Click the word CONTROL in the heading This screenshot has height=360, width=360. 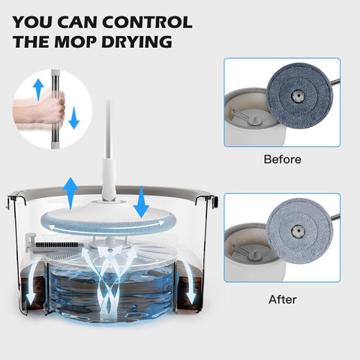pyautogui.click(x=147, y=22)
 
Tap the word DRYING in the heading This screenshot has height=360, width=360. pyautogui.click(x=137, y=41)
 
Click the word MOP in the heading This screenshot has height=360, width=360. pyautogui.click(x=76, y=41)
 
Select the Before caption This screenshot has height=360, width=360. pyautogui.click(x=283, y=159)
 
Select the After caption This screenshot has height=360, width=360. pyautogui.click(x=283, y=299)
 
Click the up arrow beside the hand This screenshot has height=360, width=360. pyautogui.click(x=38, y=89)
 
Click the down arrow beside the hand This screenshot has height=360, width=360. pyautogui.click(x=73, y=118)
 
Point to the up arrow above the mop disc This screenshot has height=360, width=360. pyautogui.click(x=70, y=193)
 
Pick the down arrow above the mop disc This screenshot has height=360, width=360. pyautogui.click(x=142, y=202)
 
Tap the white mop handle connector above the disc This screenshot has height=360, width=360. pyautogui.click(x=109, y=179)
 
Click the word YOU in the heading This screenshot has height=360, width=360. pyautogui.click(x=33, y=22)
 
